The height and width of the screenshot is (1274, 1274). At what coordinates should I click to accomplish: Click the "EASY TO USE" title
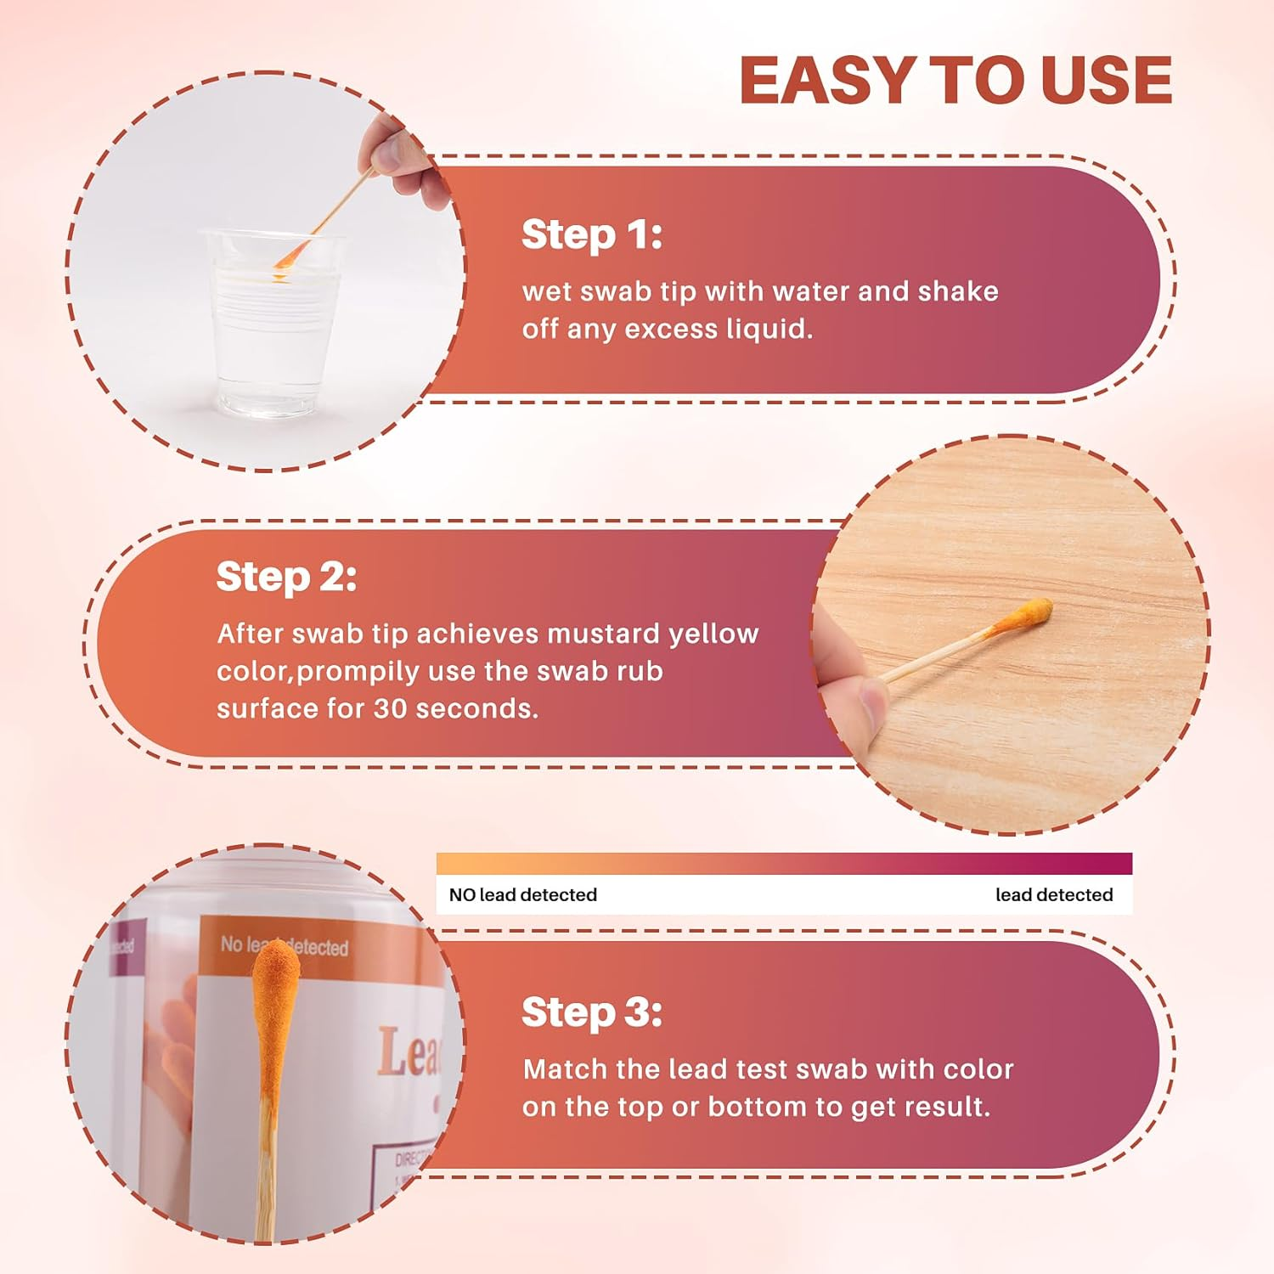[956, 81]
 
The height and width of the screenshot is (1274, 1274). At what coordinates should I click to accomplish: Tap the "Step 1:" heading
[591, 234]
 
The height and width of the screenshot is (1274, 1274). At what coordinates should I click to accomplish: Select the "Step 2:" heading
[286, 577]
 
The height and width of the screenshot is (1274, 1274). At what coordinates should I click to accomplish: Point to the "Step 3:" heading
[591, 1012]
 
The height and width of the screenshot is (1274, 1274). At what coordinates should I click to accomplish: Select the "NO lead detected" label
[522, 894]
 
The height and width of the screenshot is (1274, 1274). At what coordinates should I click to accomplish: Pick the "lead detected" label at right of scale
[1053, 894]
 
